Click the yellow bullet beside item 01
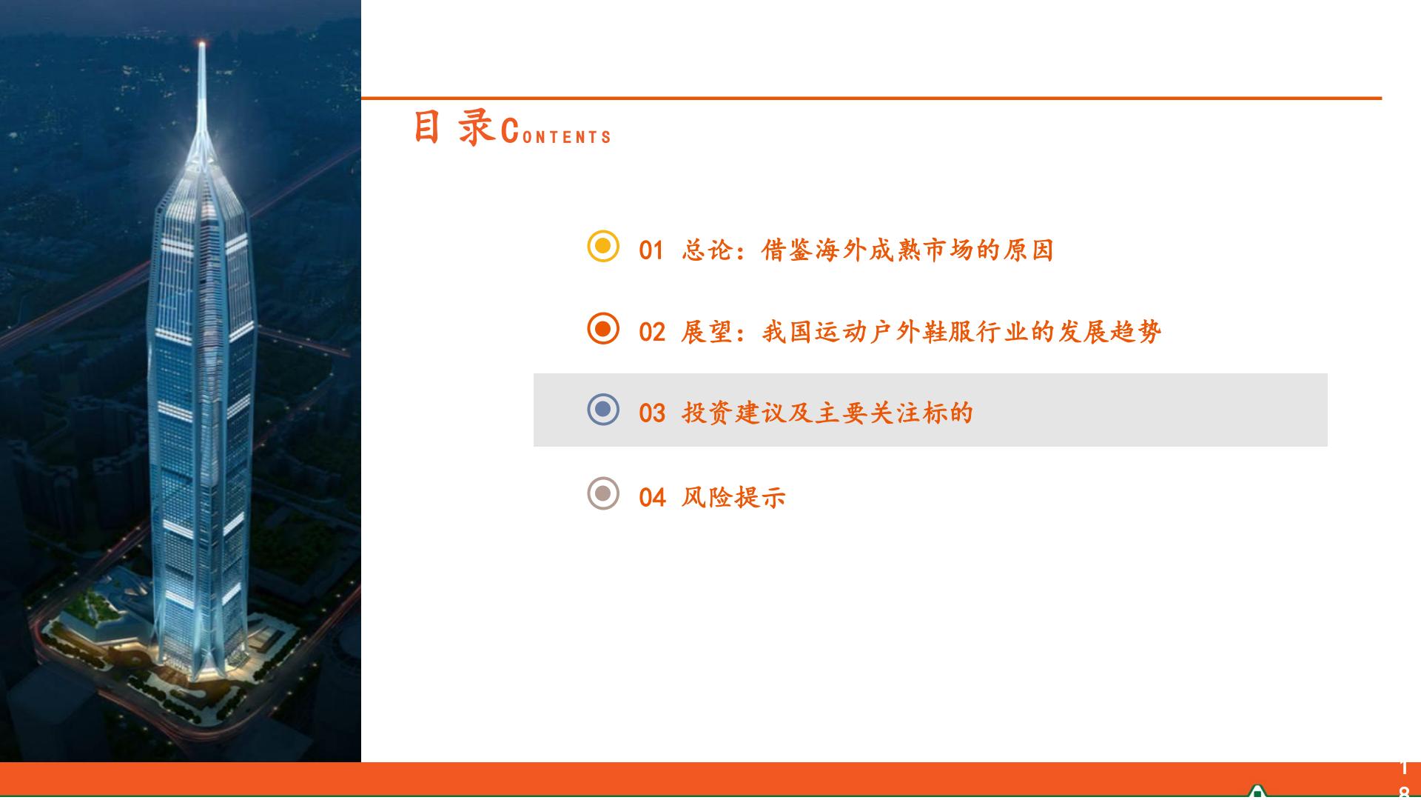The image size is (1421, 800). [602, 246]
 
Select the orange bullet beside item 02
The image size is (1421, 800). [602, 328]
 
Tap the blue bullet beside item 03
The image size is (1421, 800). [602, 410]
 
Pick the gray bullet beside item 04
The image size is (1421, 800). [602, 493]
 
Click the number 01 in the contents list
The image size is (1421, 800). [651, 251]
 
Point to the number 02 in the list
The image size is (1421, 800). [651, 333]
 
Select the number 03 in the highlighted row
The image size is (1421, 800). [651, 414]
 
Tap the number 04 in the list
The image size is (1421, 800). [651, 498]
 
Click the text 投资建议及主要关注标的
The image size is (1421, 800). [827, 413]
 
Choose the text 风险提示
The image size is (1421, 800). [733, 497]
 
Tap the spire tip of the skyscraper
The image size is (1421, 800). [202, 44]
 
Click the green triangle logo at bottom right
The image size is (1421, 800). [1256, 792]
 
